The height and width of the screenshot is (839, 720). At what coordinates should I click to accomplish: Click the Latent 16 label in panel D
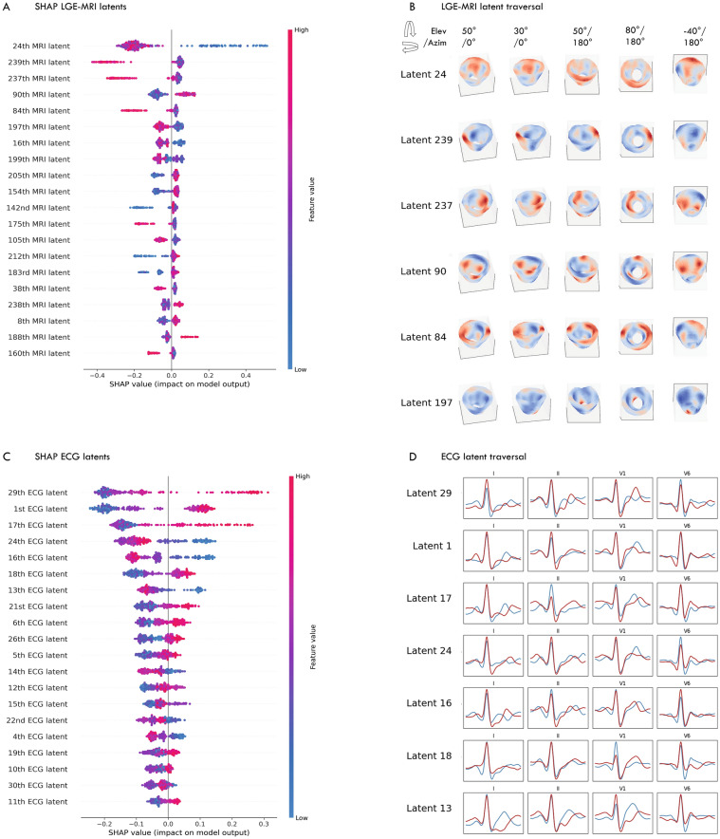429,703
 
